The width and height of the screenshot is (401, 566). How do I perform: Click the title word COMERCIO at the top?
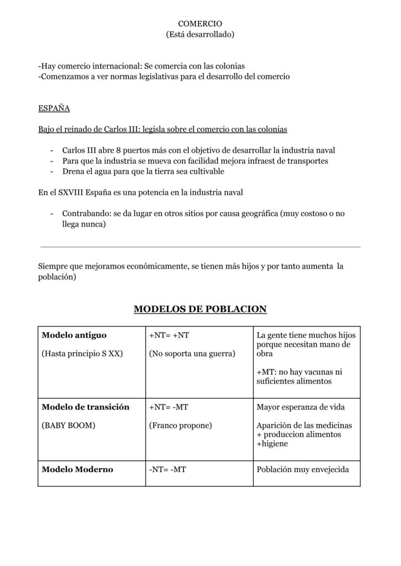[x=200, y=24]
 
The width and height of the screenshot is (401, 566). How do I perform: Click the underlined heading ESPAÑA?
[x=54, y=108]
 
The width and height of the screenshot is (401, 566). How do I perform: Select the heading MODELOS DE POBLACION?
[x=200, y=309]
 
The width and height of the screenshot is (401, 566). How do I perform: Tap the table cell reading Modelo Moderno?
[x=77, y=469]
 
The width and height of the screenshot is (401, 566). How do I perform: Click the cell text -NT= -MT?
[x=167, y=469]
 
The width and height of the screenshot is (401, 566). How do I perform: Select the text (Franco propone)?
[x=180, y=426]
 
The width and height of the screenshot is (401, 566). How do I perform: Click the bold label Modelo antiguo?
[x=74, y=335]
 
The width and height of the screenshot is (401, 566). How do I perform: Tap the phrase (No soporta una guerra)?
[x=192, y=353]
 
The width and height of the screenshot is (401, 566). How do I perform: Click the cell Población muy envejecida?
[x=303, y=469]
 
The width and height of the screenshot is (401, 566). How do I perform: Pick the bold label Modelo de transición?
[x=86, y=407]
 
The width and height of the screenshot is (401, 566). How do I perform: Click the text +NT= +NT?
[x=169, y=335]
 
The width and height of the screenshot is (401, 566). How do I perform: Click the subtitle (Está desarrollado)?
[x=200, y=34]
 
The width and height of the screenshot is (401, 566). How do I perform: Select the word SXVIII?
[x=71, y=192]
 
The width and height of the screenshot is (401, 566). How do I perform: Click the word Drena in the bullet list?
[x=73, y=171]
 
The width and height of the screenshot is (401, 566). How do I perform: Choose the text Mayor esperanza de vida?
[x=301, y=407]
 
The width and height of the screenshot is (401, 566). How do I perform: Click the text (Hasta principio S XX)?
[x=82, y=353]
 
